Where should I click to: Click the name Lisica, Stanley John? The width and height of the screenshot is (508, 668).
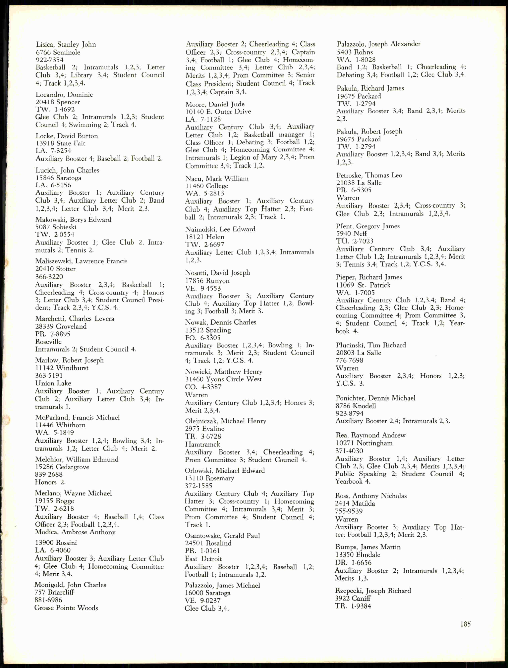point(66,44)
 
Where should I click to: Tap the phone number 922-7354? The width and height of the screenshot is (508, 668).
point(50,60)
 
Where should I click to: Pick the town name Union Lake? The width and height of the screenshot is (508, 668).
point(53,383)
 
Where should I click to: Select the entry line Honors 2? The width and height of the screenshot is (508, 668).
point(50,482)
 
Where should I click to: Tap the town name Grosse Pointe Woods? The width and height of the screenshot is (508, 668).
point(66,608)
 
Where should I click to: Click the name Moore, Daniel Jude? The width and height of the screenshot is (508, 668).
point(215,104)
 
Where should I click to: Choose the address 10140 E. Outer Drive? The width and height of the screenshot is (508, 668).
point(218,112)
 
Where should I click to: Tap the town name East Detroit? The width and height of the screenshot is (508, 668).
point(203,559)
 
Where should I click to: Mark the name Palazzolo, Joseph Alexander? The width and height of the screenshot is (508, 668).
point(379,44)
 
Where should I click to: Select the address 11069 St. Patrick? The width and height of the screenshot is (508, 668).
point(363,285)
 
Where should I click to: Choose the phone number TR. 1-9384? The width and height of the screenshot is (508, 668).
point(353,606)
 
